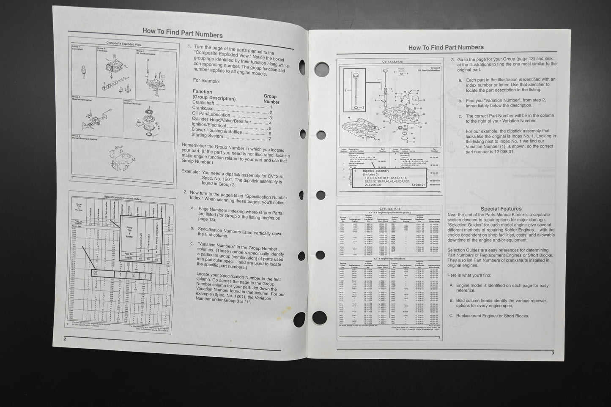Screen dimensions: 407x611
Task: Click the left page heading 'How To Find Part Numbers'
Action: click(x=182, y=32)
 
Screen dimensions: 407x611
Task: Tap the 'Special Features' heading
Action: click(x=501, y=209)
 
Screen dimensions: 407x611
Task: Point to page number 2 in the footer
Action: click(x=65, y=339)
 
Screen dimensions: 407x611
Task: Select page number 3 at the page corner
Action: click(x=552, y=352)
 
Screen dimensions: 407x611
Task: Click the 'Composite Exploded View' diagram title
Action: click(x=123, y=44)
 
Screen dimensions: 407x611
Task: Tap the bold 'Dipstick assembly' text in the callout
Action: click(x=376, y=171)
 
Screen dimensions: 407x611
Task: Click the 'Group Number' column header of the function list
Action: click(x=271, y=99)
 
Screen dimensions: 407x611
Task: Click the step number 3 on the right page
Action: click(x=453, y=60)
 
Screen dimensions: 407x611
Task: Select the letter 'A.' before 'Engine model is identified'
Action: click(x=452, y=285)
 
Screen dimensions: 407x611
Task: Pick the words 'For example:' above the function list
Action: click(x=206, y=80)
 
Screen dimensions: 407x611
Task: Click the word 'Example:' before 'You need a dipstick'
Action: click(x=190, y=172)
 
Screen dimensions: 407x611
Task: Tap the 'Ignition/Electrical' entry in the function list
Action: click(x=209, y=126)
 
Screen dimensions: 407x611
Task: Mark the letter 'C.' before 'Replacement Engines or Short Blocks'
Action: click(x=452, y=316)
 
